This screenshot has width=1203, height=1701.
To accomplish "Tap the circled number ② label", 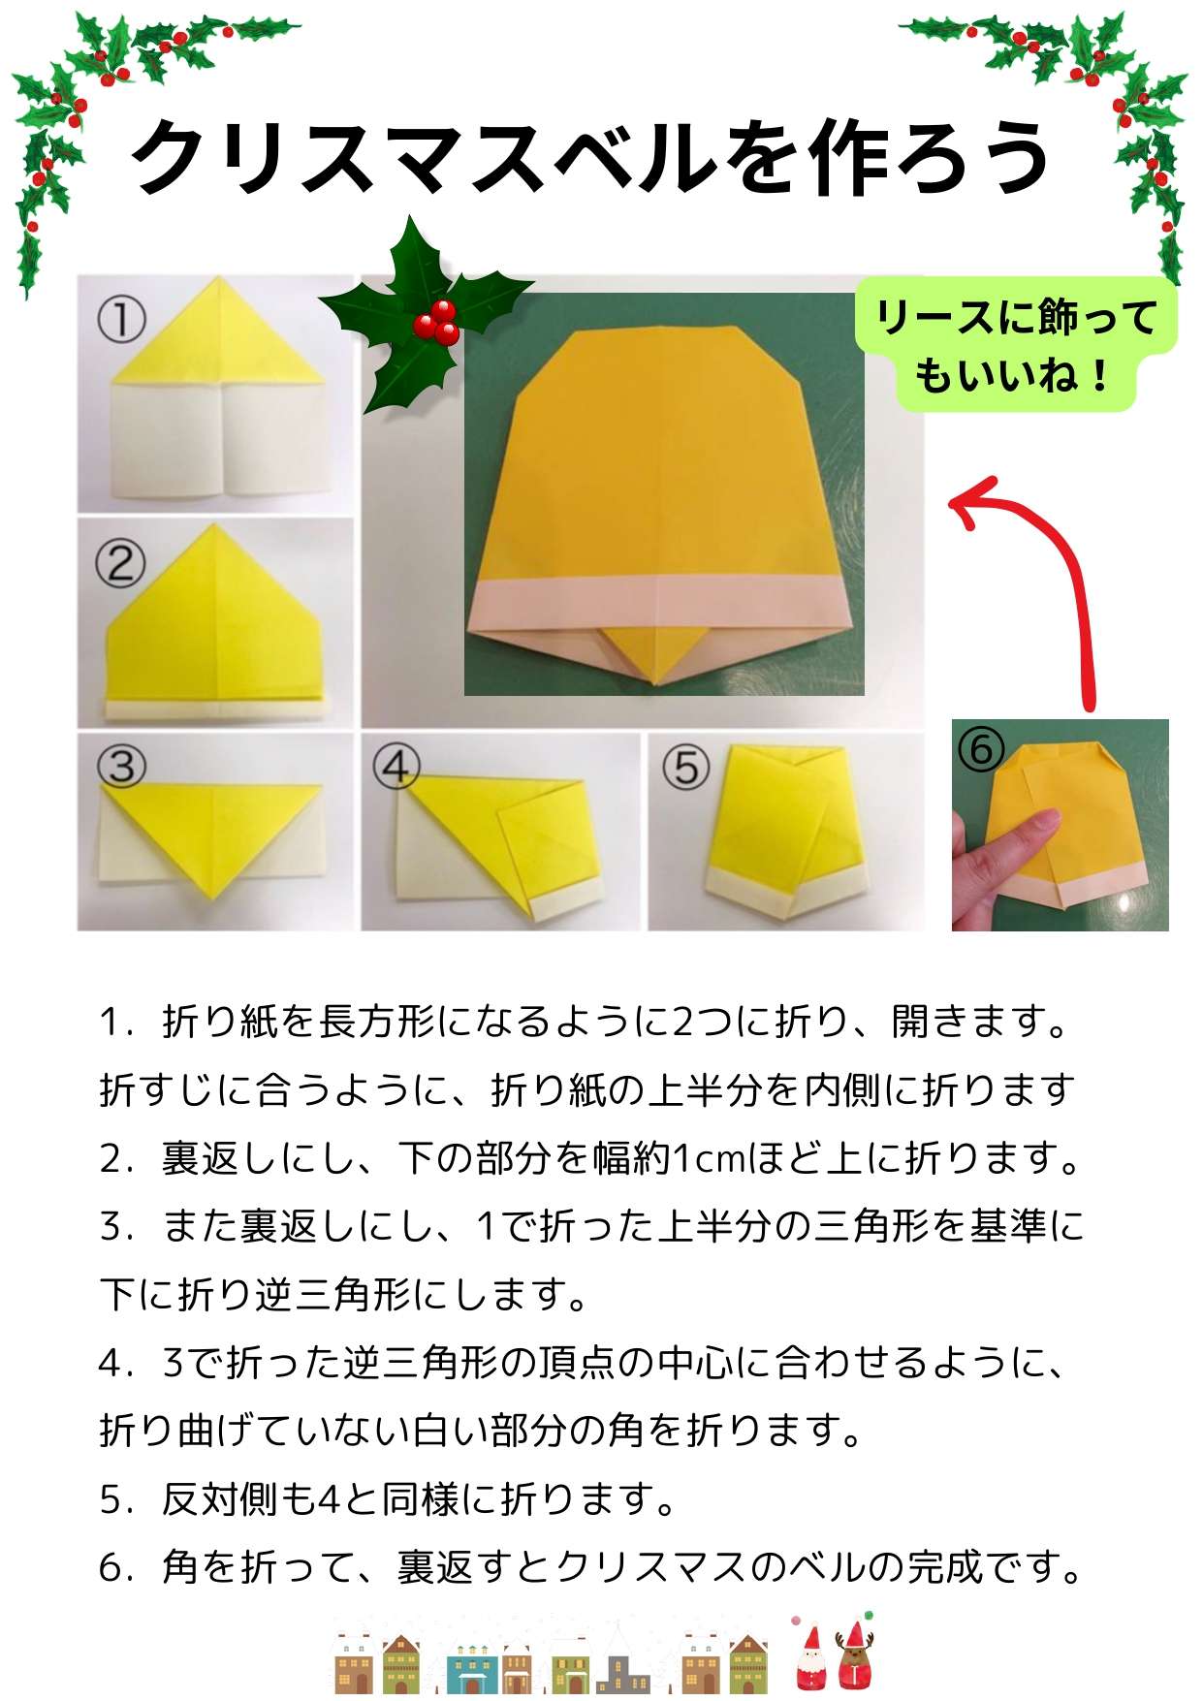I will pos(120,563).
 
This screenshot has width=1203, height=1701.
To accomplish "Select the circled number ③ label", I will pos(122,766).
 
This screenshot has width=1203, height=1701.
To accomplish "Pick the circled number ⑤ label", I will pos(686,768).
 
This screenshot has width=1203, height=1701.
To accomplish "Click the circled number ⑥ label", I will pos(980,749).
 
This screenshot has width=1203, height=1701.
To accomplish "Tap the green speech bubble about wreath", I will pos(1015,345).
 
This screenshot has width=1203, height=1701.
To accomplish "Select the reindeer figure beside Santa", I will pos(854,1657).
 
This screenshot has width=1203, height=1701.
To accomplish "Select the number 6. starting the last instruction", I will pos(116,1568).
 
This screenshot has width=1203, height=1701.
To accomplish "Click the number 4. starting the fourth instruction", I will pos(116,1364).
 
